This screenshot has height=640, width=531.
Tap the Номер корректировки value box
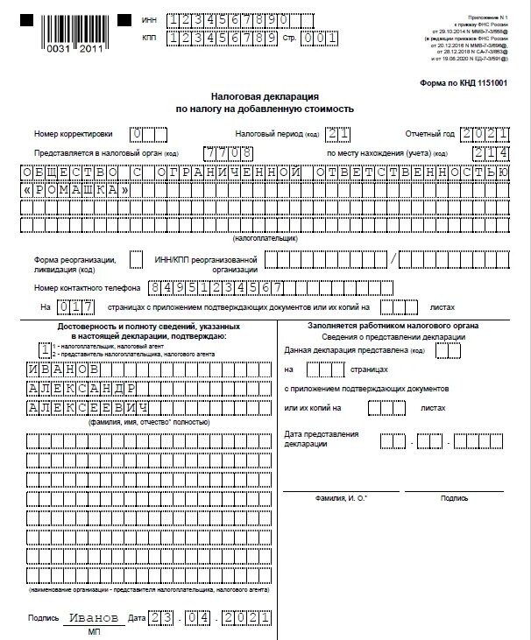[x=147, y=134]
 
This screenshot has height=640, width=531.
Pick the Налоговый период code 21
[x=336, y=134]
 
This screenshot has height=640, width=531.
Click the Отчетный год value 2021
[x=485, y=134]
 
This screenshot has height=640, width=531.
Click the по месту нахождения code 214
[x=490, y=152]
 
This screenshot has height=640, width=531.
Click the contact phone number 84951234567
[x=215, y=287]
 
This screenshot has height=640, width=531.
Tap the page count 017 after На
[x=74, y=307]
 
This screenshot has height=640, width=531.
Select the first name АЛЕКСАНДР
[x=81, y=389]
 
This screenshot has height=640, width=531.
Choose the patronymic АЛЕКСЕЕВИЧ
[x=86, y=408]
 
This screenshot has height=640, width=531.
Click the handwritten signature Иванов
[x=91, y=618]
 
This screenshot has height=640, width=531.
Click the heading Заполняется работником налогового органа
[x=380, y=325]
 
